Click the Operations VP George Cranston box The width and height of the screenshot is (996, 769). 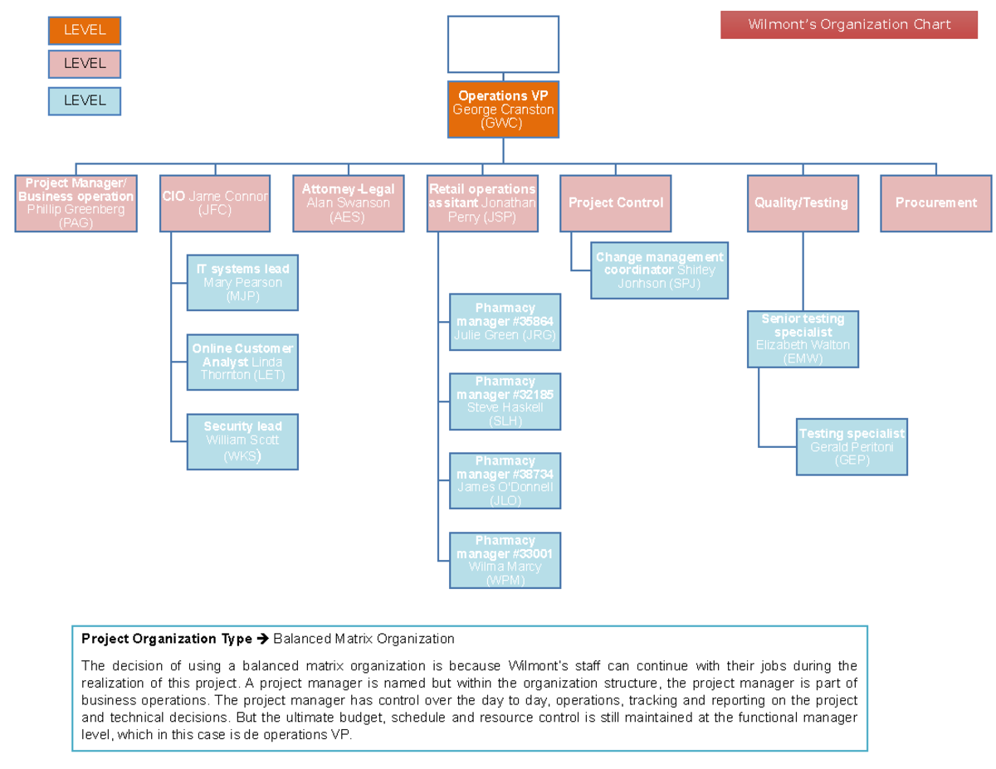(x=503, y=110)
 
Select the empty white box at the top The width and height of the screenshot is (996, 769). (x=503, y=45)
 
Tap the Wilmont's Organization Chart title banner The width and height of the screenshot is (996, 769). (x=848, y=25)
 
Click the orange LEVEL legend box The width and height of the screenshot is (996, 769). (x=85, y=31)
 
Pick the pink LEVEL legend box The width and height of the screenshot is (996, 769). (x=85, y=64)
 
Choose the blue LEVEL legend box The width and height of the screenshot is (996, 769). (x=85, y=101)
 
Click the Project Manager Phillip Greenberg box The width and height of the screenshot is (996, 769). (x=76, y=203)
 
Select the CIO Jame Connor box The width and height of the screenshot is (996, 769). (x=215, y=203)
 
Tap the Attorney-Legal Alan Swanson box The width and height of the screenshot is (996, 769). (x=348, y=203)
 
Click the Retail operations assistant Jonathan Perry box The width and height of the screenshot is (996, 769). (x=482, y=203)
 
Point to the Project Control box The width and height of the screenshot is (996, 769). (x=615, y=203)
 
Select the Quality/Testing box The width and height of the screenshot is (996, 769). (x=801, y=203)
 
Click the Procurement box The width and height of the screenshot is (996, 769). (x=935, y=203)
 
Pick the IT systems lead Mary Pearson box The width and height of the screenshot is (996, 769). (x=242, y=283)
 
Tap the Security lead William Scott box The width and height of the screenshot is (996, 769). (x=242, y=441)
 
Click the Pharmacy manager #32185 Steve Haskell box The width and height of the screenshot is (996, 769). (x=505, y=402)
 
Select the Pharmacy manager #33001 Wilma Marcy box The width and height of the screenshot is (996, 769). (x=505, y=560)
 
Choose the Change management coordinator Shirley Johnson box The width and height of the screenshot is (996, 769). (x=659, y=270)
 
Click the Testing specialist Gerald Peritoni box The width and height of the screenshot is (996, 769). (x=852, y=447)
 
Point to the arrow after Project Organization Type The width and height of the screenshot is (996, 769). (x=262, y=640)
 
